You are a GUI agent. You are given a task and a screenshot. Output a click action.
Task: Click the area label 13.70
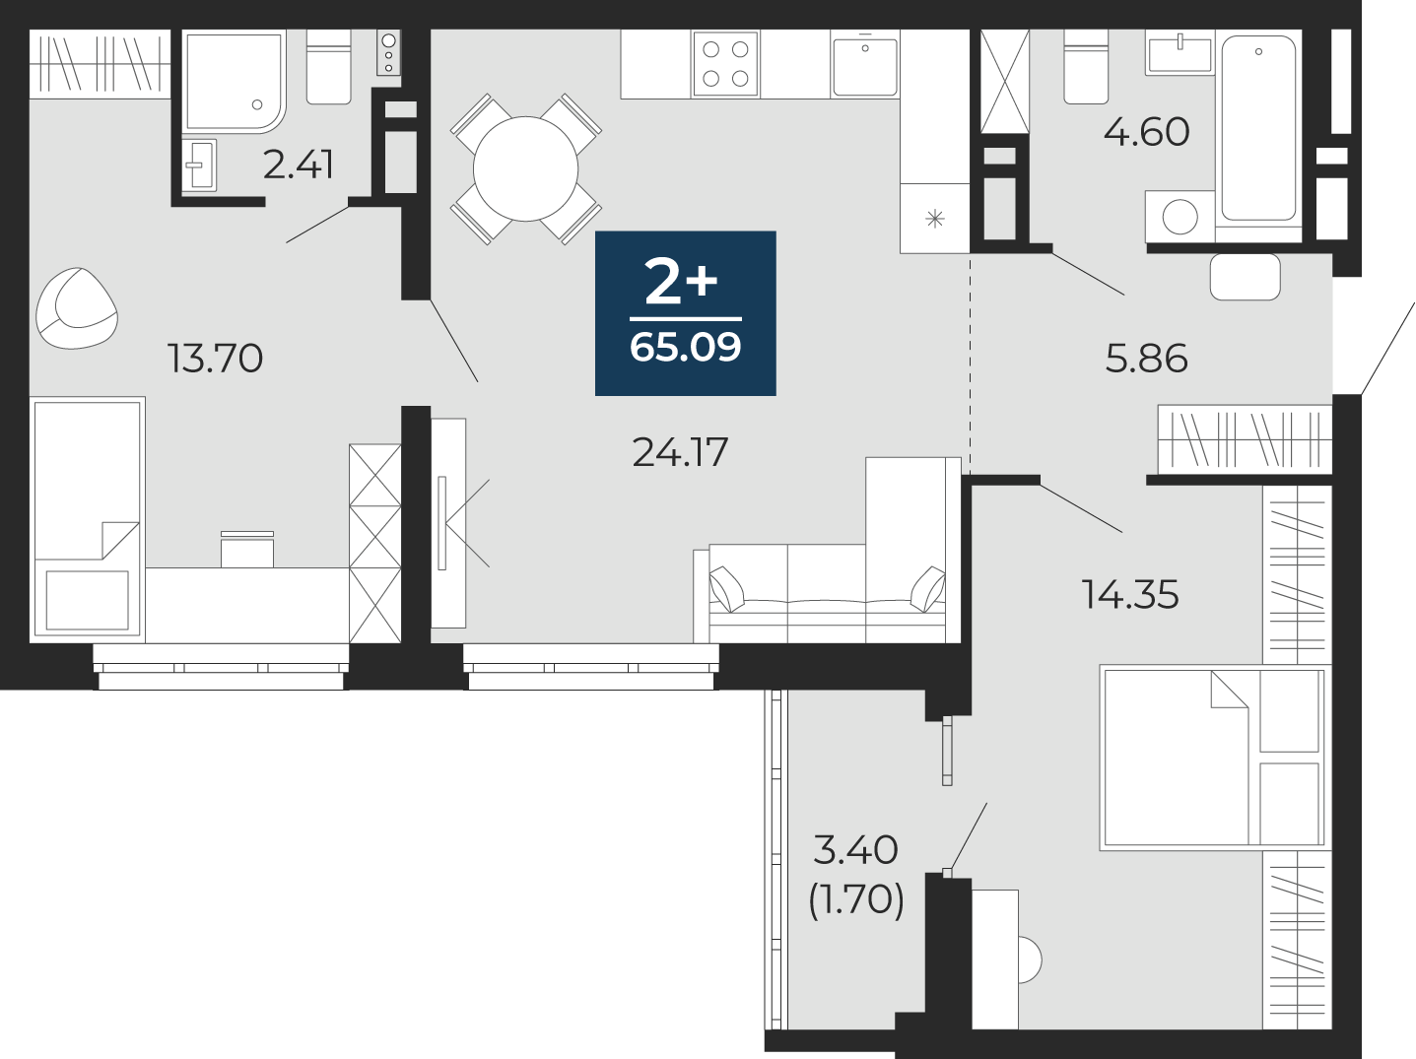point(215,359)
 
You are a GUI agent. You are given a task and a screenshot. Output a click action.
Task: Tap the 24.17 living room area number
point(680,451)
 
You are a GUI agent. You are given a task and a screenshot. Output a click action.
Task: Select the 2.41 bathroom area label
point(298,165)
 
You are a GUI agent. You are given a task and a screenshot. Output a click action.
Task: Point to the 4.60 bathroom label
point(1146,132)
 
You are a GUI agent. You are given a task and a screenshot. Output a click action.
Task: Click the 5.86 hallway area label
point(1146,359)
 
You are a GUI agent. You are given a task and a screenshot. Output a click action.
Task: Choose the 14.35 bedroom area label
point(1129,594)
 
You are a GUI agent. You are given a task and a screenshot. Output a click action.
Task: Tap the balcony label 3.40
point(855,849)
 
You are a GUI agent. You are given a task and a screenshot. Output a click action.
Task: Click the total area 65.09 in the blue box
point(685,348)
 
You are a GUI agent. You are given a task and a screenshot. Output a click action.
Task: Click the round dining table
point(525,169)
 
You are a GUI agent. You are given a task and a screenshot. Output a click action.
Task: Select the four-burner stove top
point(725,64)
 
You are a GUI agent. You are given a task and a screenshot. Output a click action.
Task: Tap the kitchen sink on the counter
point(864,65)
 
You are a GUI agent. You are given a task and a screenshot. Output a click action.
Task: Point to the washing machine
point(1180,216)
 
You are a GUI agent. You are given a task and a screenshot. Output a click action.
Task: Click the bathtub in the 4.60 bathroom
point(1258,129)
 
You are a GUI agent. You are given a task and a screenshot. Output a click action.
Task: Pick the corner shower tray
point(235,82)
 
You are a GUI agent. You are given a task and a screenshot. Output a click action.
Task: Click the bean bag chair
point(76,308)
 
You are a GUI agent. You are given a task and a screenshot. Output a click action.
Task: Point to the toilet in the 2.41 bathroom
point(328,67)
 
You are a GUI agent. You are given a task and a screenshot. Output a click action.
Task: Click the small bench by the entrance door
point(1246,277)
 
